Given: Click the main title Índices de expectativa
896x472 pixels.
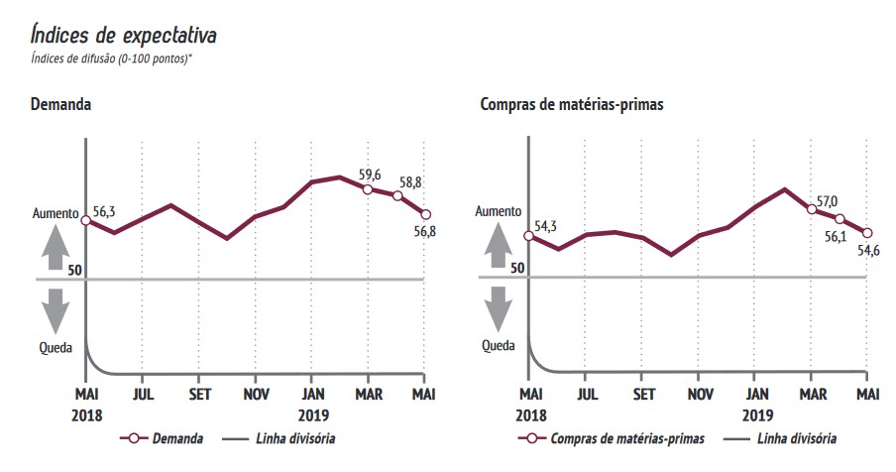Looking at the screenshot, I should (x=124, y=35).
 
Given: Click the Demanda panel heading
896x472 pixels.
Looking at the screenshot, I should (x=61, y=103).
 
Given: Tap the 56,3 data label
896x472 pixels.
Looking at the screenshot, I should (x=106, y=210).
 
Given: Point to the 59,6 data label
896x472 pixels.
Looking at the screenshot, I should (x=369, y=175).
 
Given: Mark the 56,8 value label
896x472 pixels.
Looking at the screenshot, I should (x=425, y=232).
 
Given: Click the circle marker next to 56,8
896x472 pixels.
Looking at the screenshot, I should (x=426, y=214).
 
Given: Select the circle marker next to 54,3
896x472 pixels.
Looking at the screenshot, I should (x=528, y=237).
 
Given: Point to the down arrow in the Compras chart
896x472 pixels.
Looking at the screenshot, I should (x=499, y=308).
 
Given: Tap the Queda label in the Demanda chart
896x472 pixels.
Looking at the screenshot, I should (x=55, y=347).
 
